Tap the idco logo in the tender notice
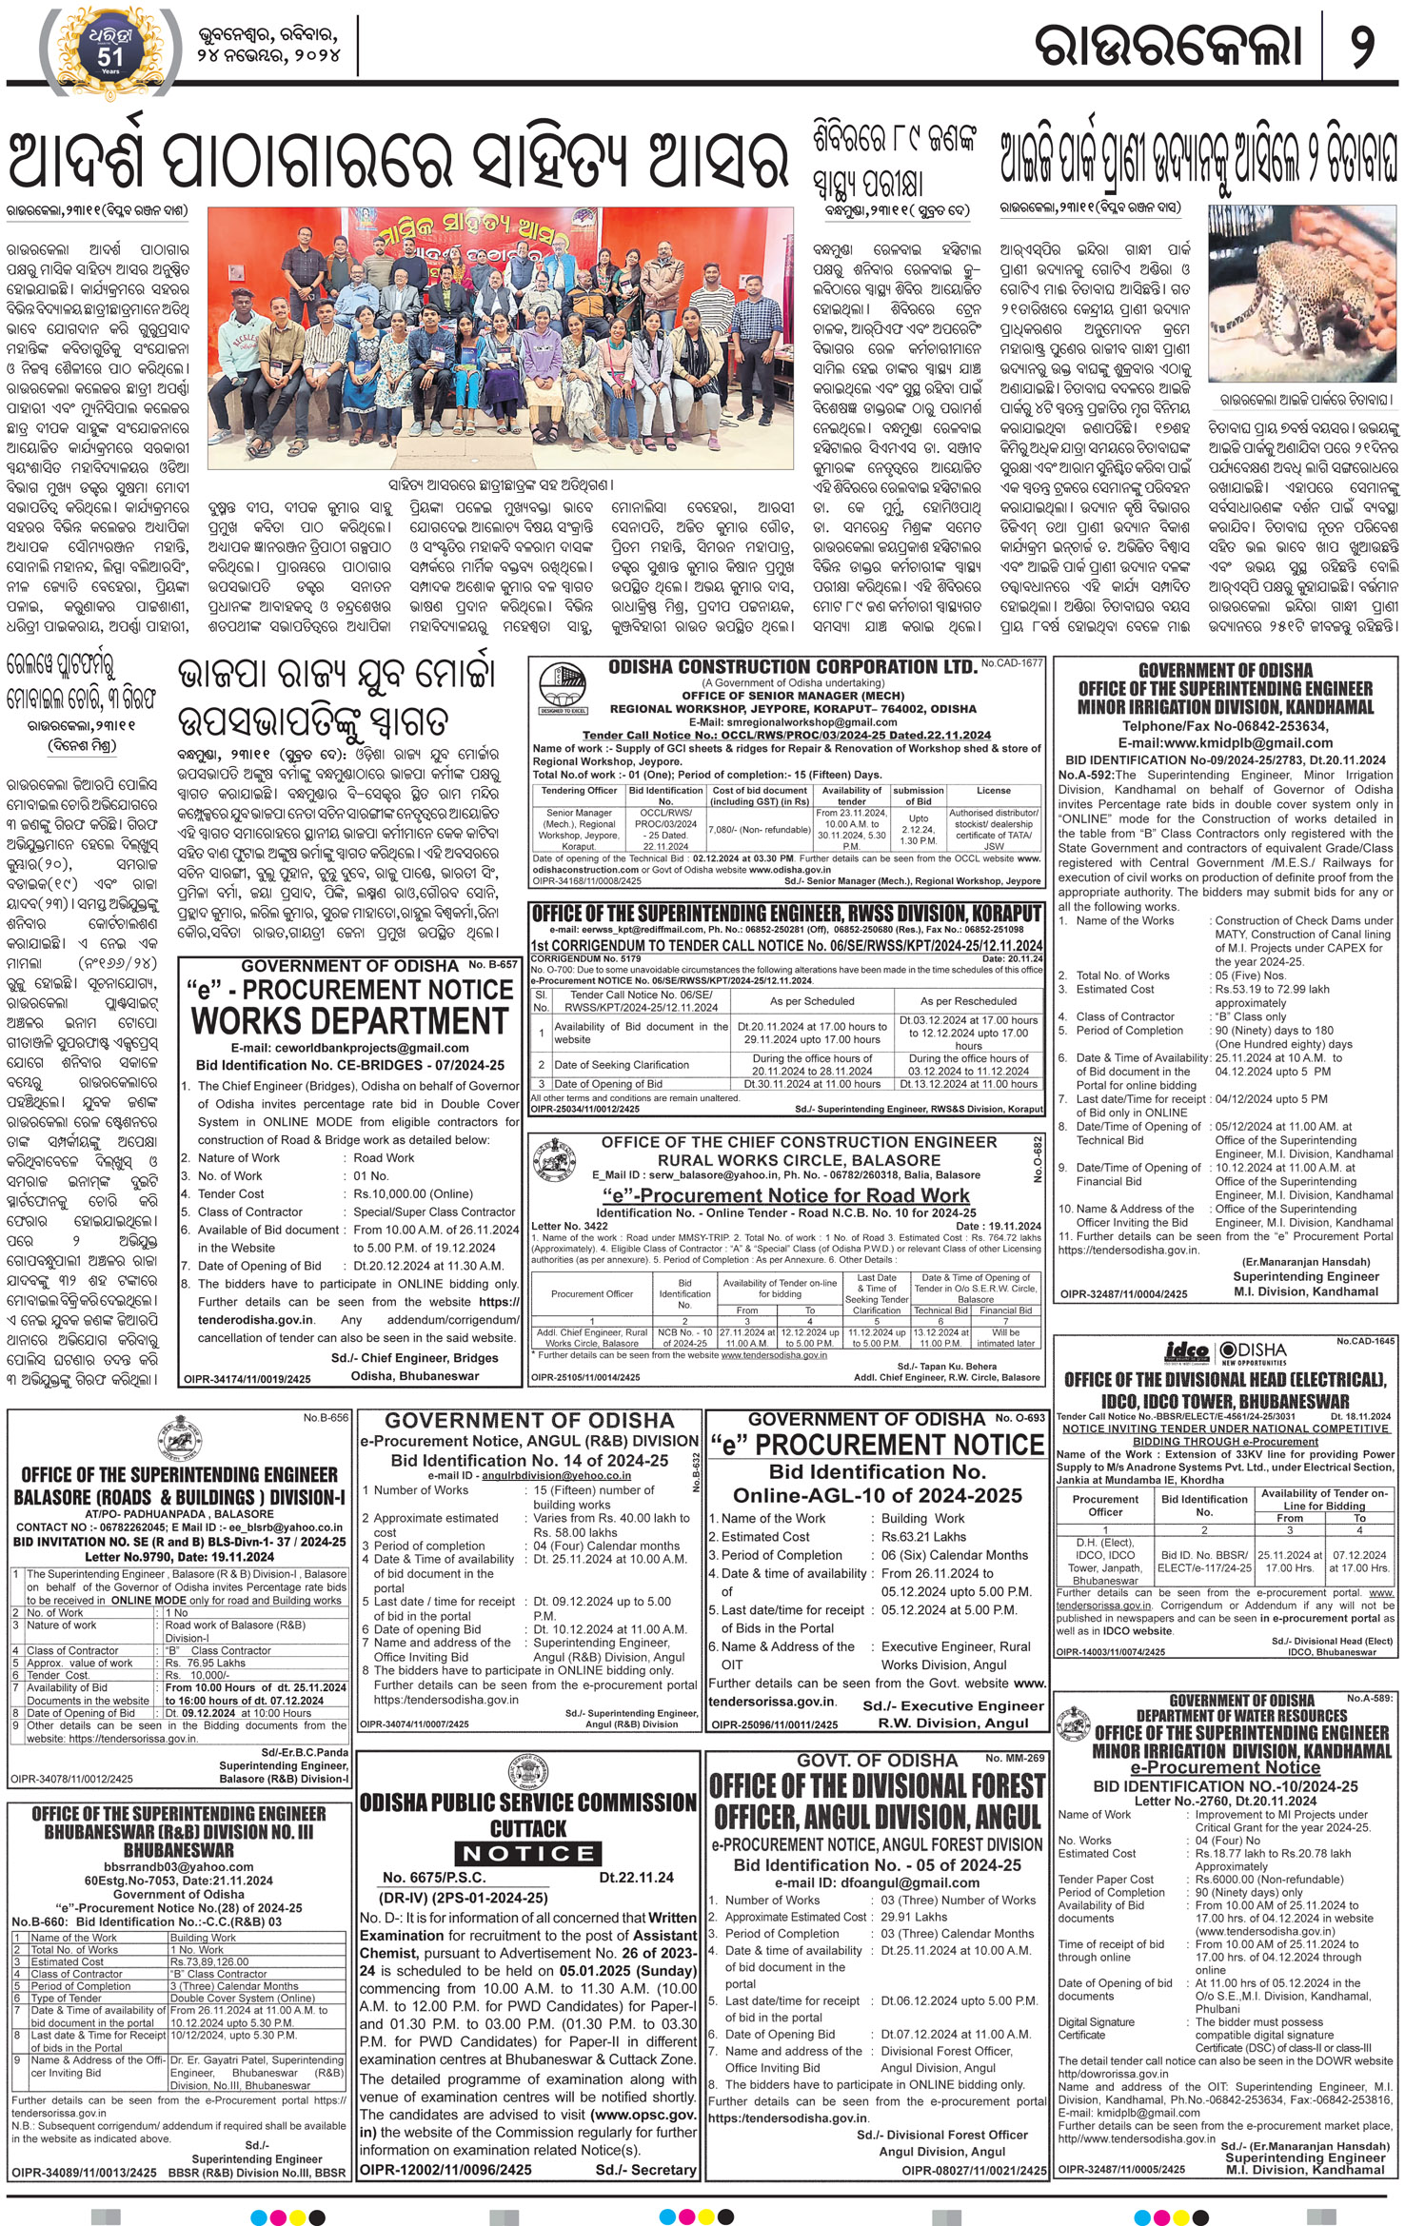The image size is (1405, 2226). point(1187,1351)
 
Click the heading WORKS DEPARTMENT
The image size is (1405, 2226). point(349,1020)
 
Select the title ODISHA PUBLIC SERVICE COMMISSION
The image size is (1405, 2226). point(528,1802)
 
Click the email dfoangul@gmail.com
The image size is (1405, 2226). point(876,1881)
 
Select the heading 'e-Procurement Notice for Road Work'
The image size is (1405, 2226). point(785,1195)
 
